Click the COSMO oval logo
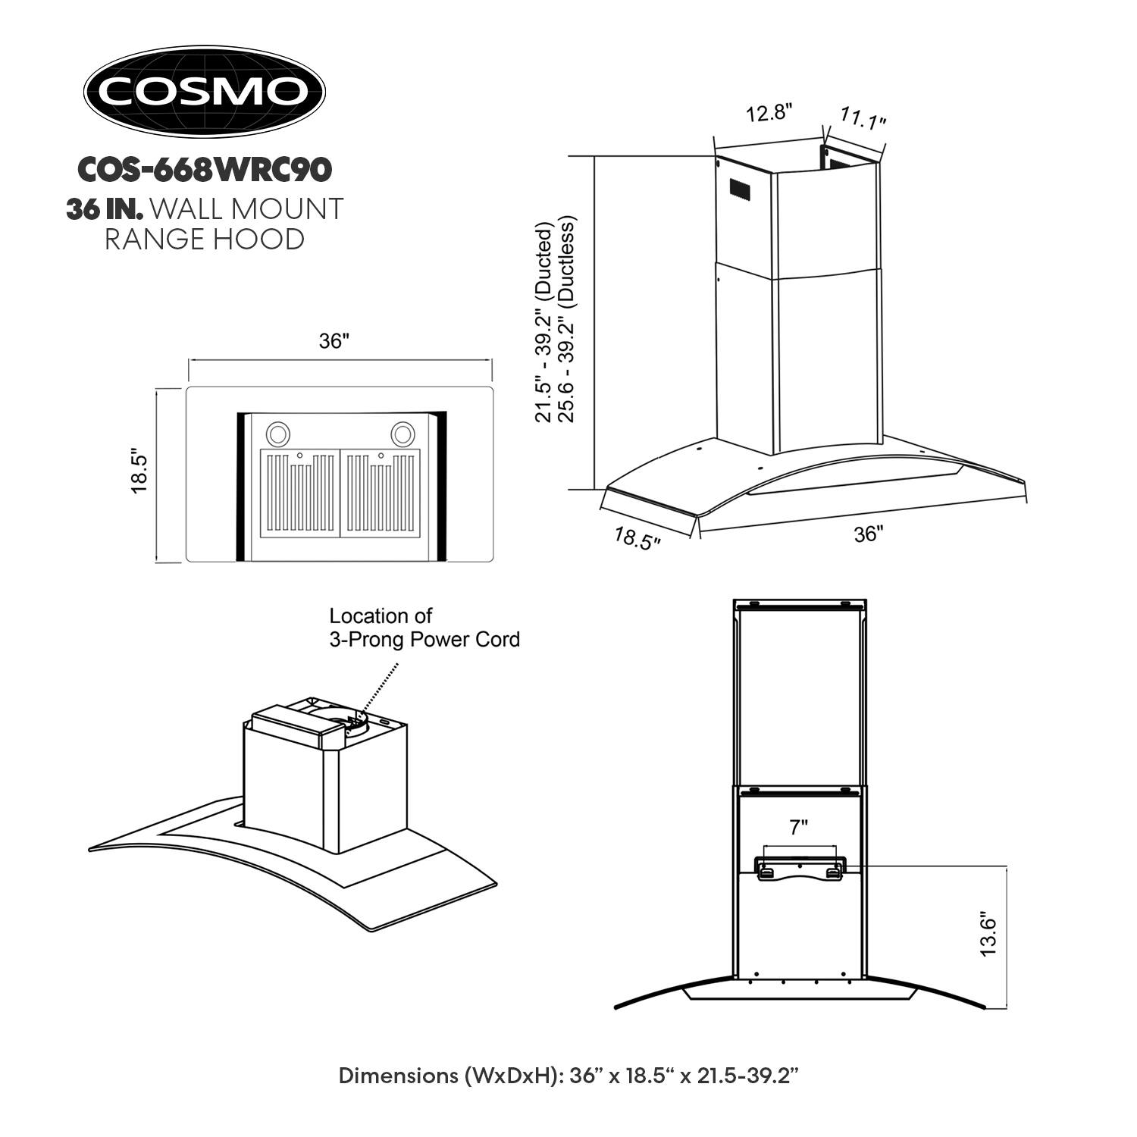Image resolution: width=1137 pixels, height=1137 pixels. pos(204,91)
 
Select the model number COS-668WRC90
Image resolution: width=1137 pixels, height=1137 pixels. pos(204,170)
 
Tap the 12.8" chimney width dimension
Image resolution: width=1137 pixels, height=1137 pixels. pos(769,114)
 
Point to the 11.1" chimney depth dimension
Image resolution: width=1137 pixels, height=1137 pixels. pos(863,117)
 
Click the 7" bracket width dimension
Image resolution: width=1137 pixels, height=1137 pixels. pos(799,828)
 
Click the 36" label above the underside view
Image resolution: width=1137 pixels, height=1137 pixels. pos(334,341)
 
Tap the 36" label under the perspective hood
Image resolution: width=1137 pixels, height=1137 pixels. pos(869,534)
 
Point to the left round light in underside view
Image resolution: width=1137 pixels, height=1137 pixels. pos(277,434)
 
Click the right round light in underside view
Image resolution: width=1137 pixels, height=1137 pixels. pos(402,434)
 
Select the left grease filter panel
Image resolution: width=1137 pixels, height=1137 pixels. pos(299,493)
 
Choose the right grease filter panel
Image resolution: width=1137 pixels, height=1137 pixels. pos(381,493)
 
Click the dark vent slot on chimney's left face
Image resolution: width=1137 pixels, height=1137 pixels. pos(739,189)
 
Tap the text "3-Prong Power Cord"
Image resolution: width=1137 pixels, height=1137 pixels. pos(424,639)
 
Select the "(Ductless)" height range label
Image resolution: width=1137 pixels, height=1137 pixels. pos(568,262)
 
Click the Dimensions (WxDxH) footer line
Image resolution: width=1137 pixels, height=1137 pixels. pos(568,1076)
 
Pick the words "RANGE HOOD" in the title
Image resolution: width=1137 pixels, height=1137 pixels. pos(204,240)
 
